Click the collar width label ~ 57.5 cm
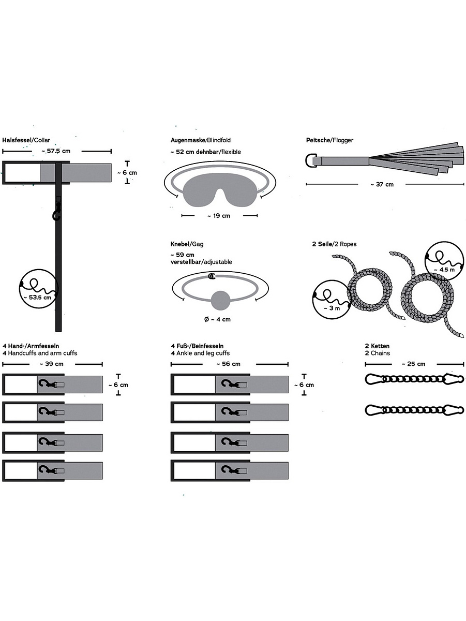coord(56,151)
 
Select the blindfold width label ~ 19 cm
coord(219,216)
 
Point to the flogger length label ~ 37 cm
coord(382,184)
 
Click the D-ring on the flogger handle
coord(310,161)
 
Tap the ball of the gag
coord(220,301)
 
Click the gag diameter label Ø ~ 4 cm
coord(217,319)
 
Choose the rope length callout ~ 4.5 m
coord(444,270)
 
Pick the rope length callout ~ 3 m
coord(332,308)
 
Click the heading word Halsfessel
coord(17,140)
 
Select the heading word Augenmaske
coord(187,140)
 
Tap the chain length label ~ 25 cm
coord(413,364)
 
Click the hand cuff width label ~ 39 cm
coord(52,364)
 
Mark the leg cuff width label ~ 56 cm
coord(229,364)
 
